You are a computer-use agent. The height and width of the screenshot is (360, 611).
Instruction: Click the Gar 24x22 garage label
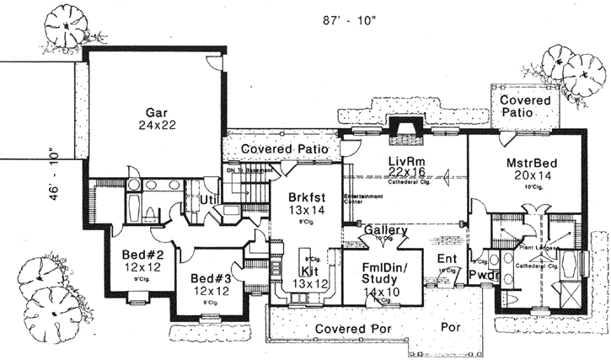point(154,118)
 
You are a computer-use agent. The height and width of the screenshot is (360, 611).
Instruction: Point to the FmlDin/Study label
point(382,276)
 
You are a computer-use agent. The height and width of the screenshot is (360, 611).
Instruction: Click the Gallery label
point(386,231)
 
